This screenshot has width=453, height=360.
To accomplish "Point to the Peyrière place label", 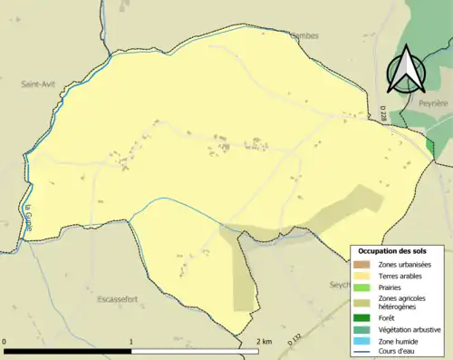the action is click(432, 104).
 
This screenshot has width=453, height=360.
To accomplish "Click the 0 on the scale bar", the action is click(5, 342).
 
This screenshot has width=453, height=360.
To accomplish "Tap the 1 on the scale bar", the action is click(132, 342).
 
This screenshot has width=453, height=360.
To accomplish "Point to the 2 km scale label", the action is click(264, 342).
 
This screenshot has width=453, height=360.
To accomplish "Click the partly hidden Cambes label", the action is click(304, 37).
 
